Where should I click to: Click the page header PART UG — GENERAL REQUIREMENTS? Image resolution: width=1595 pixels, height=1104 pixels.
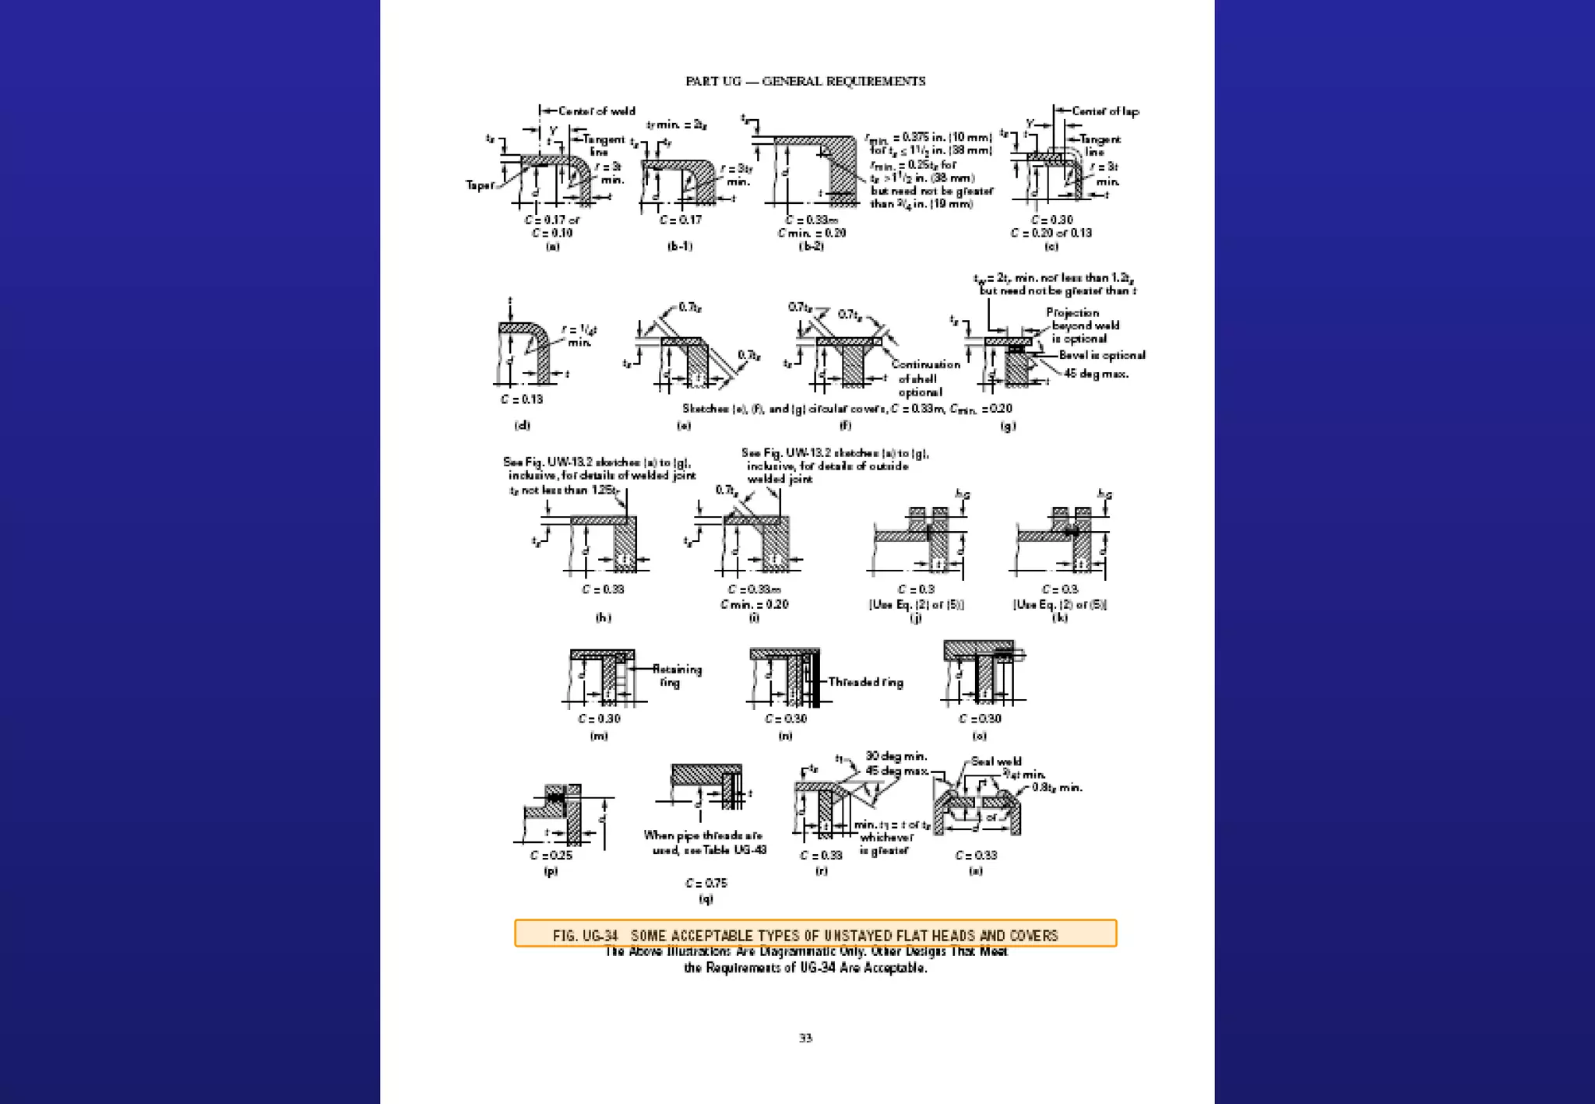[x=805, y=81]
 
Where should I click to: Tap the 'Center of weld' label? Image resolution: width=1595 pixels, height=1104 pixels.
[x=596, y=111]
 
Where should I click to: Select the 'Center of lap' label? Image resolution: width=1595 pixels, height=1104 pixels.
[x=1104, y=111]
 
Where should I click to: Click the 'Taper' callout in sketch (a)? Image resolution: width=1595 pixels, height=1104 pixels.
[x=480, y=185]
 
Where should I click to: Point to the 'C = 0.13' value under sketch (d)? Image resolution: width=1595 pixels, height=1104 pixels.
[x=522, y=399]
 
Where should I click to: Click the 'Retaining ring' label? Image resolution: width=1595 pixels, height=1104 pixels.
[x=676, y=676]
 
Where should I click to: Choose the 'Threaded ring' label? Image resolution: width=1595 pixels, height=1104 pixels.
[x=865, y=682]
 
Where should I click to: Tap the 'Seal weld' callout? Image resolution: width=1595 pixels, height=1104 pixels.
[x=996, y=761]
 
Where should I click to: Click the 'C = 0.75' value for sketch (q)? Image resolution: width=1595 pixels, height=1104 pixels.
[x=706, y=883]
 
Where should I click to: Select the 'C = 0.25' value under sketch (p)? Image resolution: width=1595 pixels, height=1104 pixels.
[x=551, y=855]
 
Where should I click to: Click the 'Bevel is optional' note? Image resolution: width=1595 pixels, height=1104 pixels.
[x=1101, y=355]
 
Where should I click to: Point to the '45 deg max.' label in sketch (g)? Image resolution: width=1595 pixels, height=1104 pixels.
[x=1096, y=374]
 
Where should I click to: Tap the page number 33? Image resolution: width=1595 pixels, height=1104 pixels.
[x=805, y=1038]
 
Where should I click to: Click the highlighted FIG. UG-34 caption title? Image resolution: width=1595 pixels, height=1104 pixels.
[x=805, y=935]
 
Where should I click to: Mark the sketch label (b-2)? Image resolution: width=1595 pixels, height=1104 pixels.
[x=811, y=246]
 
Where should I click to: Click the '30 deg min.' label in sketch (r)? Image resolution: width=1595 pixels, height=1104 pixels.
[x=896, y=756]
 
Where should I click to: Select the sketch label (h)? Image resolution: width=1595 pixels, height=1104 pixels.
[x=603, y=617]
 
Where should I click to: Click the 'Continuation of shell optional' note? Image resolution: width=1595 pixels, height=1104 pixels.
[x=924, y=378]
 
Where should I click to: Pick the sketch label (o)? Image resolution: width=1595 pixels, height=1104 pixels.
[x=979, y=736]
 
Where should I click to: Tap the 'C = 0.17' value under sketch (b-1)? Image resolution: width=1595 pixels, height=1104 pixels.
[x=680, y=220]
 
